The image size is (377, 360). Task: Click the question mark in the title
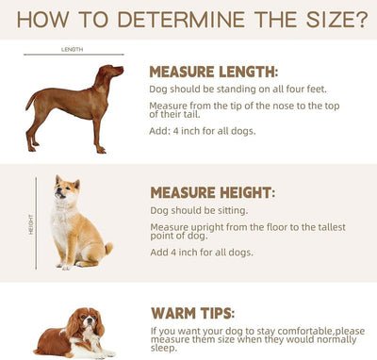pyautogui.click(x=361, y=19)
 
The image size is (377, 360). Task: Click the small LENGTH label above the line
pyautogui.click(x=73, y=49)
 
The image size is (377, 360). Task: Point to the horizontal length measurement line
pyautogui.click(x=74, y=55)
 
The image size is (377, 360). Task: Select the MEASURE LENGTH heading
pyautogui.click(x=214, y=72)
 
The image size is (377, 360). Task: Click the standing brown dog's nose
pyautogui.click(x=122, y=68)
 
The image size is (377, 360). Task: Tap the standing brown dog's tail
pyautogui.click(x=31, y=100)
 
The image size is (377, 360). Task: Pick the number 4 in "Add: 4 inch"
pyautogui.click(x=176, y=131)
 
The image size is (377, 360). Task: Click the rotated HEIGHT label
pyautogui.click(x=31, y=224)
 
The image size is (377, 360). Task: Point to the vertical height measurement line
pyautogui.click(x=36, y=223)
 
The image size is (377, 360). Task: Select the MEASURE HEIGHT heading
pyautogui.click(x=213, y=192)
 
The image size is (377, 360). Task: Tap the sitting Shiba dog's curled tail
pyautogui.click(x=108, y=248)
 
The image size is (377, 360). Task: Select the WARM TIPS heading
pyautogui.click(x=193, y=313)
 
